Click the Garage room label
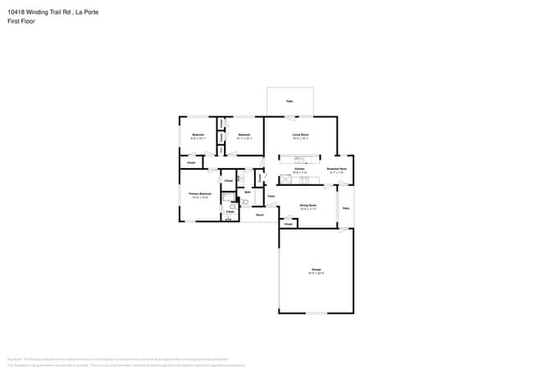click(316, 269)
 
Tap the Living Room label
click(300, 134)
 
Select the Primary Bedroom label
click(200, 194)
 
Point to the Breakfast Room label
click(336, 168)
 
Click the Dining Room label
click(307, 205)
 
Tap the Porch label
click(259, 215)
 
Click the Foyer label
click(271, 197)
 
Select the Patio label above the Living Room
click(289, 101)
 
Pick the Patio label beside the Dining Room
click(346, 208)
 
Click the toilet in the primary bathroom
click(244, 201)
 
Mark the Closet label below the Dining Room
click(289, 223)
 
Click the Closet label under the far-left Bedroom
click(190, 163)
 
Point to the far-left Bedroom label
click(198, 134)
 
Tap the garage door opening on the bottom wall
click(316, 312)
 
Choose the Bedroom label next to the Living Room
click(244, 134)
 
